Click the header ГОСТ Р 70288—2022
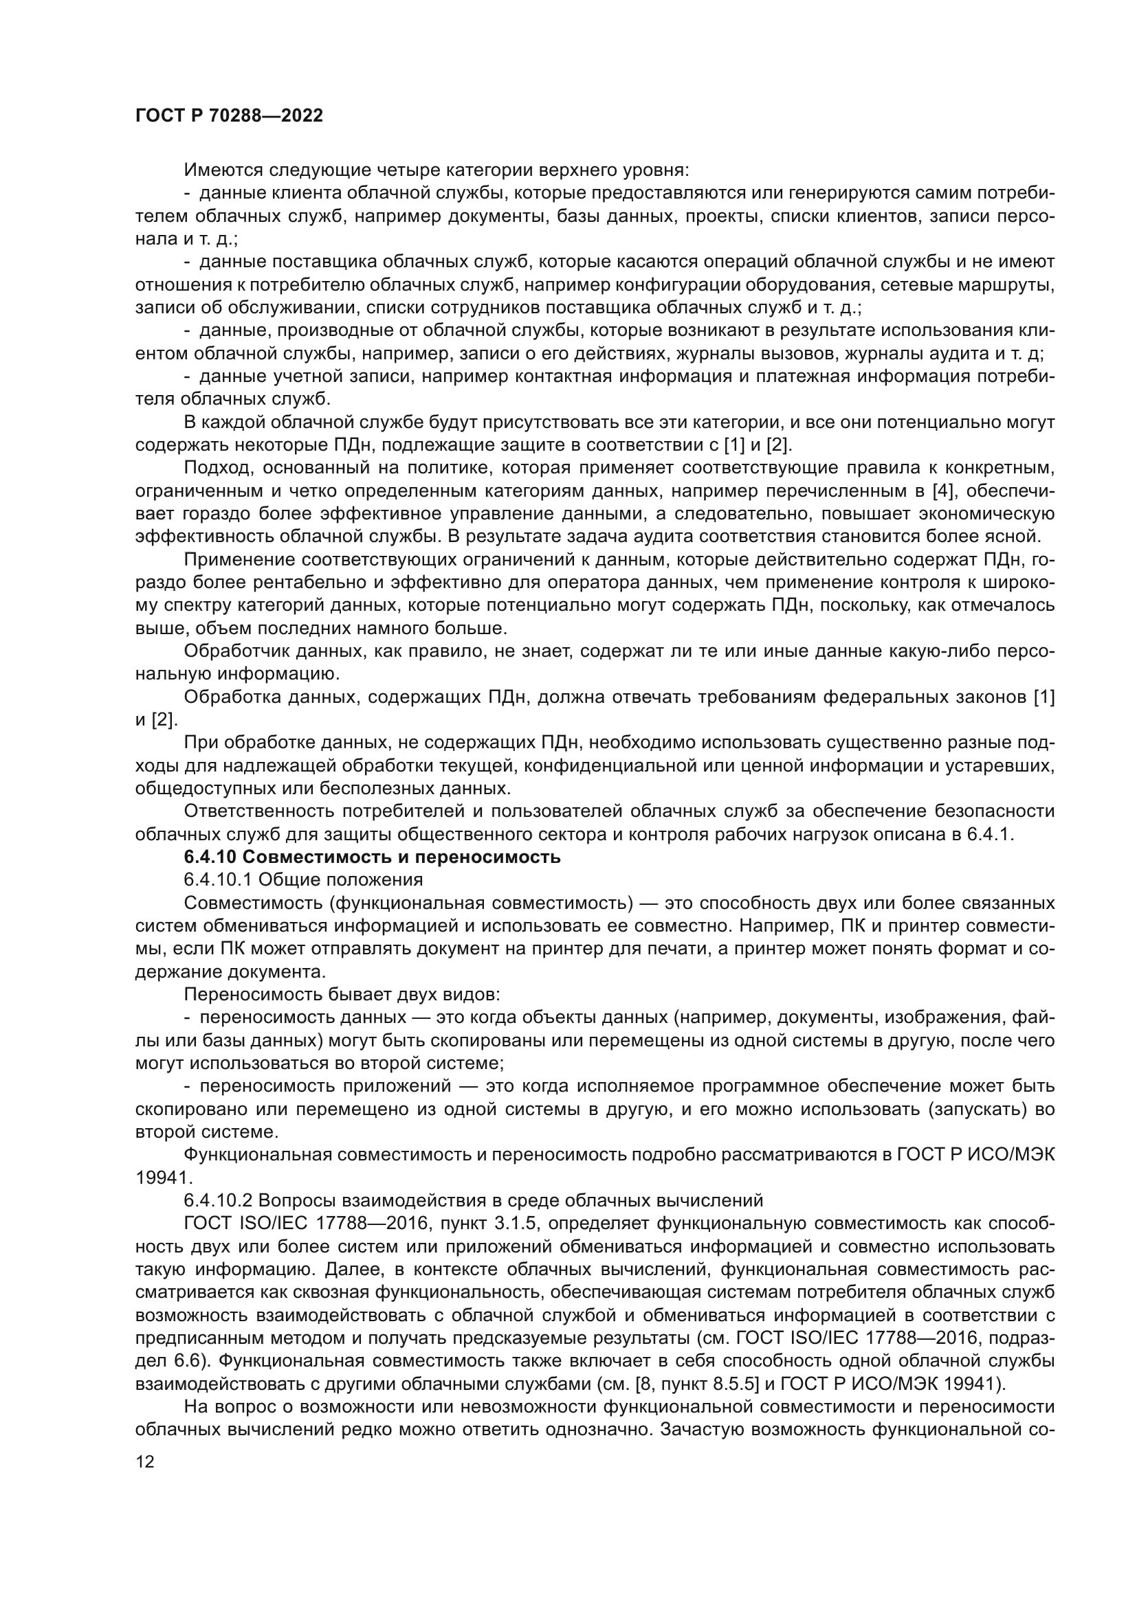click(229, 116)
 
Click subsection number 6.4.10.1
click(218, 880)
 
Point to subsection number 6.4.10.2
click(218, 1200)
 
